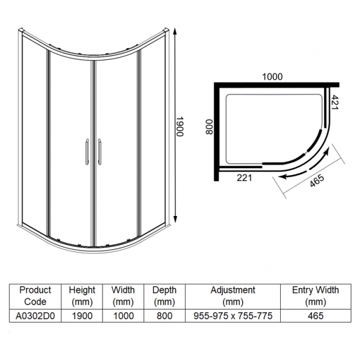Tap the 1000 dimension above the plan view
[x=272, y=77]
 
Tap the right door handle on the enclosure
[x=100, y=151]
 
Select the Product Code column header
[x=35, y=295]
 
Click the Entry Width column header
[x=315, y=295]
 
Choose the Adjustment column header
[x=233, y=295]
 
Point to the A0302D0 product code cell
[x=35, y=316]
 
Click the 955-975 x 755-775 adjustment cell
[x=233, y=316]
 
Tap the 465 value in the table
[x=315, y=316]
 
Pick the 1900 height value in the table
[x=81, y=316]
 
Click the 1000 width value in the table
[x=123, y=316]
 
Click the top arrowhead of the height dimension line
[x=176, y=31]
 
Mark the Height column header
[x=81, y=295]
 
